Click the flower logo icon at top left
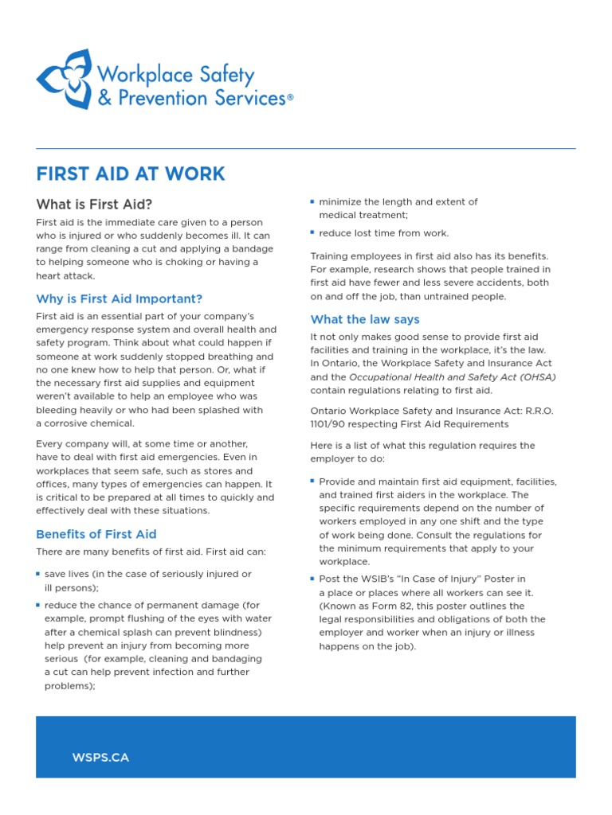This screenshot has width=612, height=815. tap(64, 79)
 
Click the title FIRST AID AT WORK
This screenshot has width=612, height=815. tap(131, 174)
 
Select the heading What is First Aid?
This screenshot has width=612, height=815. tap(94, 204)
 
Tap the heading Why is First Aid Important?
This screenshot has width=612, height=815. tap(120, 299)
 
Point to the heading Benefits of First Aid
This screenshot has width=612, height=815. tap(96, 534)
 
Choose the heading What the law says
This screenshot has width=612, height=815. tap(365, 319)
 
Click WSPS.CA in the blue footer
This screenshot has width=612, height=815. tap(100, 758)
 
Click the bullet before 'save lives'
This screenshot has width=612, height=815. tap(38, 574)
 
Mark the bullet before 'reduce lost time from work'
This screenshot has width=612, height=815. tap(312, 232)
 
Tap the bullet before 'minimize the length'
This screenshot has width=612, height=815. tap(312, 201)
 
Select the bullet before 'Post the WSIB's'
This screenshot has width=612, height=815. tap(312, 579)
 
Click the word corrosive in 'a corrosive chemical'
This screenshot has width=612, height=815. tap(71, 423)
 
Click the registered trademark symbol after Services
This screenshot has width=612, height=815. tap(290, 98)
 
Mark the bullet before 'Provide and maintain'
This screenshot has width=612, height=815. tap(312, 481)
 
